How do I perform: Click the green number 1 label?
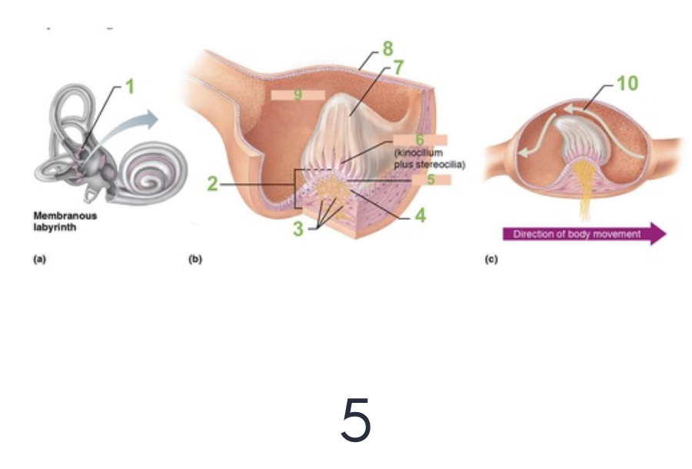[131, 87]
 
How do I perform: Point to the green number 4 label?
[420, 215]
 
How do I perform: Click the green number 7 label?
[398, 68]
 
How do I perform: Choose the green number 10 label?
[627, 83]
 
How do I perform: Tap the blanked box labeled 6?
[419, 140]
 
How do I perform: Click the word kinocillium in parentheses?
[418, 153]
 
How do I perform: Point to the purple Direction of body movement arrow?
[584, 234]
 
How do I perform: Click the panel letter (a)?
[38, 260]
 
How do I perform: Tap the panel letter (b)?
[196, 260]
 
